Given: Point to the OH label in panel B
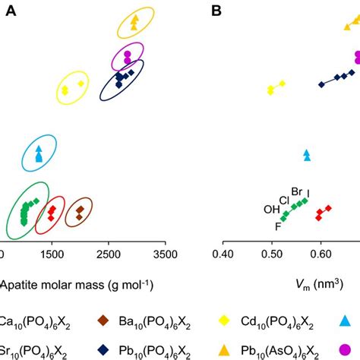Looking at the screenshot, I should [x=271, y=210].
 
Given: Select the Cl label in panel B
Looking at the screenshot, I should [x=284, y=200].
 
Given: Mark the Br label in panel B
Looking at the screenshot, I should [x=296, y=191].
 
